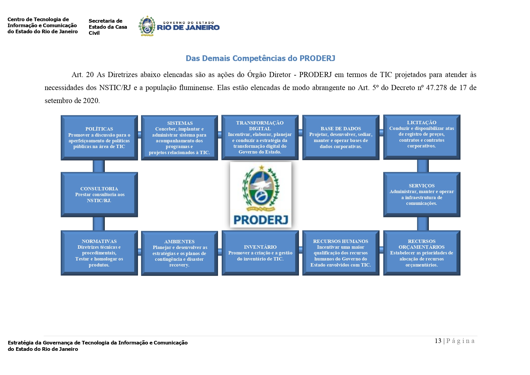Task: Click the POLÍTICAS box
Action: click(x=99, y=137)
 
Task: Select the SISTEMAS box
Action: click(x=179, y=137)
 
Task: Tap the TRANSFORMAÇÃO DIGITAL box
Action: click(x=260, y=137)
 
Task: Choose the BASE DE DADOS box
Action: click(x=341, y=137)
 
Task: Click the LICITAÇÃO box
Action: click(x=422, y=137)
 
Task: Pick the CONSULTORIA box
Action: click(x=99, y=194)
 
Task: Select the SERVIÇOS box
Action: click(x=422, y=194)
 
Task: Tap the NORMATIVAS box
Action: click(x=99, y=253)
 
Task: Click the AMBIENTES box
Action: click(x=179, y=253)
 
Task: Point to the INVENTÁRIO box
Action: click(x=260, y=253)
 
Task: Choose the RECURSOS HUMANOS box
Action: click(x=341, y=253)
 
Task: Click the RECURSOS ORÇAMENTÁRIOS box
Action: click(x=422, y=253)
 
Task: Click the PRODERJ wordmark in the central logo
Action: click(x=261, y=220)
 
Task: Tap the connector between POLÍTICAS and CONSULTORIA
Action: click(x=99, y=166)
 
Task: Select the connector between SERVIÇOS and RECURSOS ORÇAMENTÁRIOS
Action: click(x=422, y=224)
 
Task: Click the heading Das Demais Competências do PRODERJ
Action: click(x=260, y=58)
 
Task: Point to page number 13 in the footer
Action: click(x=438, y=341)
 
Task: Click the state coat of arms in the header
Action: click(x=147, y=26)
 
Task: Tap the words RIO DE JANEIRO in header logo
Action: click(x=188, y=27)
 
